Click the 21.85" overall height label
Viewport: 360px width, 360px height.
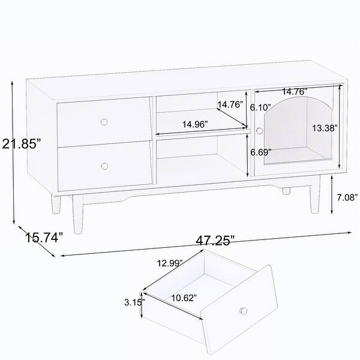coord(21,144)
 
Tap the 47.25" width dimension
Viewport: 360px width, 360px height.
coord(214,241)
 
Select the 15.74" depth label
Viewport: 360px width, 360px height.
coord(44,238)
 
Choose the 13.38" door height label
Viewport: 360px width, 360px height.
coord(325,128)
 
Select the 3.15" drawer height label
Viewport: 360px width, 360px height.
coord(133,303)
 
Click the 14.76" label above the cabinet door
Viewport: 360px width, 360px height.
coord(295,92)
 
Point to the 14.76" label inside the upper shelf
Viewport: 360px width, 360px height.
coord(230,104)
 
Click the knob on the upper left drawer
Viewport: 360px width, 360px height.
coord(104,122)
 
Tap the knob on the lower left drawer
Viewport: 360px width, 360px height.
coord(104,166)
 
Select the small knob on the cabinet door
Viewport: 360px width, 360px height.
coord(259,131)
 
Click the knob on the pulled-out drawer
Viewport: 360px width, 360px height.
coord(244,310)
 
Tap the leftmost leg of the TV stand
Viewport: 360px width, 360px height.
coord(56,203)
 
